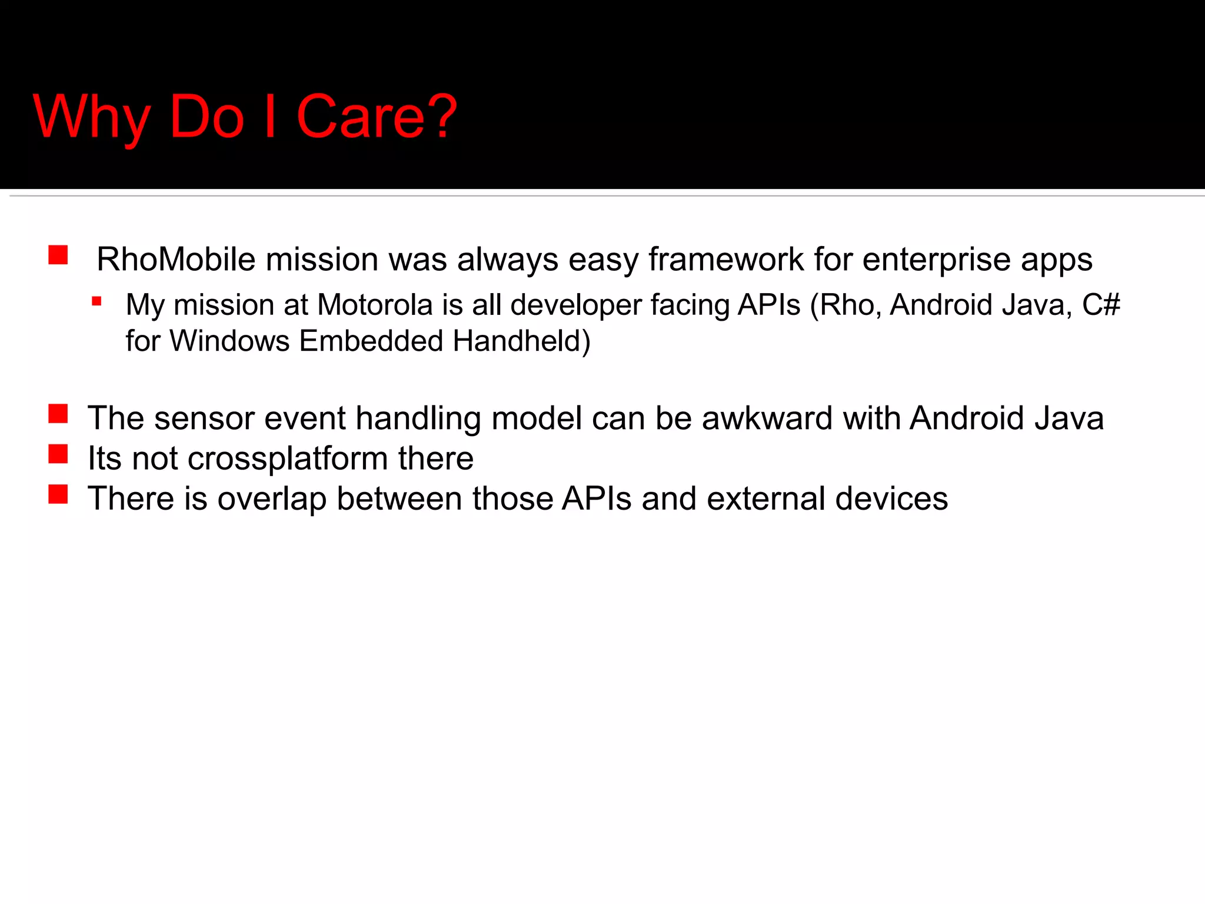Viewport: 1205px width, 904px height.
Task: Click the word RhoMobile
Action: tap(176, 259)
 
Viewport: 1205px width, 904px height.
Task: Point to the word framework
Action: tap(726, 259)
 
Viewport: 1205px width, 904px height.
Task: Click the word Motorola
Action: tap(375, 305)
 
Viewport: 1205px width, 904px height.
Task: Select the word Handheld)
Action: tap(521, 341)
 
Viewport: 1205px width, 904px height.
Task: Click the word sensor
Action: tap(204, 418)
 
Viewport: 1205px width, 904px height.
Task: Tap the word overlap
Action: tap(272, 498)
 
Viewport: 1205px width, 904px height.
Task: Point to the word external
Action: tap(766, 498)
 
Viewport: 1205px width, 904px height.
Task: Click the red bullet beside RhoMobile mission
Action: tap(58, 255)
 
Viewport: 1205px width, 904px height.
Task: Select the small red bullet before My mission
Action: tap(97, 302)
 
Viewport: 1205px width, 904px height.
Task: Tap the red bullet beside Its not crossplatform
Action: tap(58, 454)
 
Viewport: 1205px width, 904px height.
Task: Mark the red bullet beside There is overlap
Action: tap(58, 494)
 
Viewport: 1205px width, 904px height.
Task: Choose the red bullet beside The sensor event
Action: tap(58, 414)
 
